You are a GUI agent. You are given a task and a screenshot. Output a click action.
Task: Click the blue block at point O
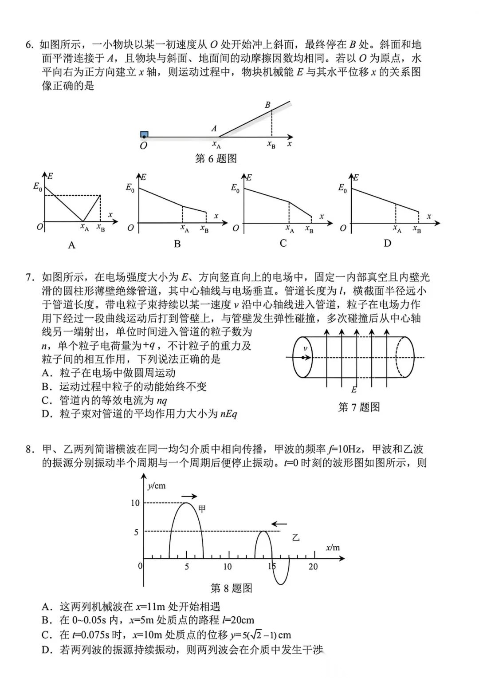[x=144, y=134]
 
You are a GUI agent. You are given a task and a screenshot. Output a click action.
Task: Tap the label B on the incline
[x=267, y=105]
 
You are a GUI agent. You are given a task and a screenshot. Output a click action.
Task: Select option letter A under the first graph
[x=71, y=245]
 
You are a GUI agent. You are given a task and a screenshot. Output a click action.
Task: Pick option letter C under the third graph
[x=283, y=243]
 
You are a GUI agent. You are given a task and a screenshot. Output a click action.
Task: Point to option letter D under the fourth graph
[x=388, y=243]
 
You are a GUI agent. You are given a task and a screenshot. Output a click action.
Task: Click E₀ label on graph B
[x=130, y=188]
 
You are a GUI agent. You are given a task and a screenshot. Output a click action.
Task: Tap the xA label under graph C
[x=290, y=229]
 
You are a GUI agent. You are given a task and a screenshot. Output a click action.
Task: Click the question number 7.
[x=29, y=278]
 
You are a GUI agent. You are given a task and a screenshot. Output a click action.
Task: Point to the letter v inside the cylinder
[x=305, y=349]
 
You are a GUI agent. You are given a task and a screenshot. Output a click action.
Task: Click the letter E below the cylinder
[x=353, y=390]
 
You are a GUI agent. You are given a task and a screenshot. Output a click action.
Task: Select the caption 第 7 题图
[x=359, y=407]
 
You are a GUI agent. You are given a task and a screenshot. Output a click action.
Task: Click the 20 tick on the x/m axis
[x=313, y=566]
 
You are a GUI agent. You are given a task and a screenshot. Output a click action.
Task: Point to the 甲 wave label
[x=202, y=509]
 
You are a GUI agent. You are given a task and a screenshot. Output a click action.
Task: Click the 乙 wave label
[x=295, y=538]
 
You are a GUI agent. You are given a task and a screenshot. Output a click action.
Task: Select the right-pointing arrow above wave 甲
[x=189, y=496]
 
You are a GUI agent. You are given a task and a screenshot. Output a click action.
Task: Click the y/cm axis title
[x=156, y=485]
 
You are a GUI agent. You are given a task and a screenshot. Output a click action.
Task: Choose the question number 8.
[x=29, y=449]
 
